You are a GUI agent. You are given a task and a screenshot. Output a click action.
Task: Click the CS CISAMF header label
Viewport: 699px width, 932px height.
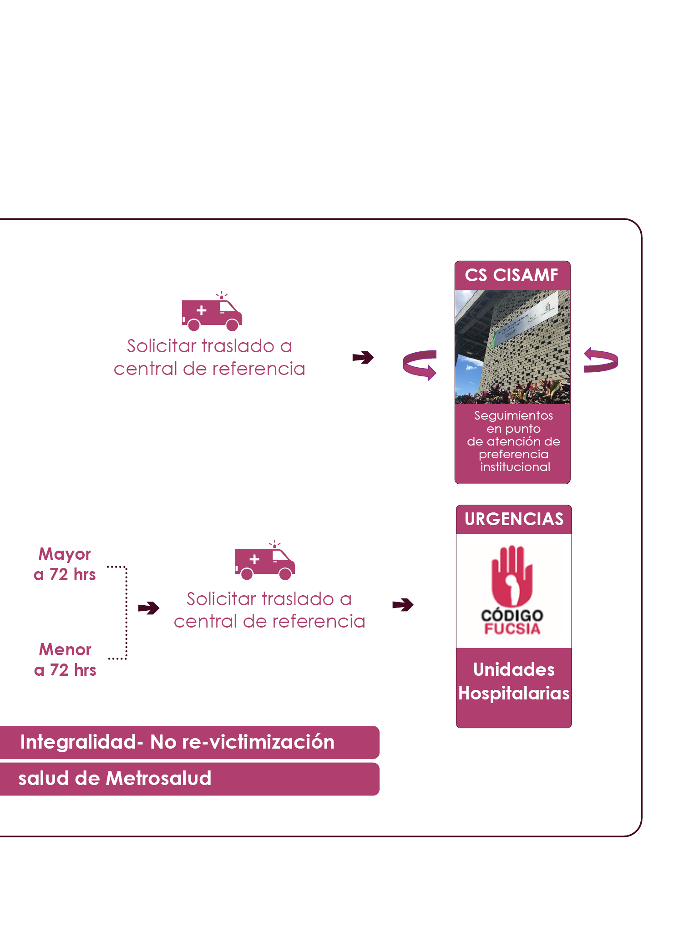(512, 275)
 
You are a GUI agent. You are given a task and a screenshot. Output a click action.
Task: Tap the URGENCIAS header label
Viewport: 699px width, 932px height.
(514, 519)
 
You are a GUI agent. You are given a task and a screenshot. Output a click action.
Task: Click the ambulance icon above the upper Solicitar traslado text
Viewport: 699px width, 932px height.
(212, 313)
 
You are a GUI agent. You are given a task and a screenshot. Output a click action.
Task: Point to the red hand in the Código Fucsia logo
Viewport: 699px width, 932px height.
(512, 575)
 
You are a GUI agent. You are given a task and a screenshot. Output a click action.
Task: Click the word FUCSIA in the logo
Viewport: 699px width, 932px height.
(512, 629)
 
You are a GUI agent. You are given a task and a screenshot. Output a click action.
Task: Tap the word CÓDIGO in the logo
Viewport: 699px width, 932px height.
(512, 615)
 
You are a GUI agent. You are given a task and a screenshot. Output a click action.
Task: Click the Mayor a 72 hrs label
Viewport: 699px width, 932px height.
(65, 564)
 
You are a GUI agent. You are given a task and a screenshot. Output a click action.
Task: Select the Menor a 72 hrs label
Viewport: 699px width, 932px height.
(65, 660)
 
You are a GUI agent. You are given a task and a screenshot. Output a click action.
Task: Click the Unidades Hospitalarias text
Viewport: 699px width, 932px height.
(514, 681)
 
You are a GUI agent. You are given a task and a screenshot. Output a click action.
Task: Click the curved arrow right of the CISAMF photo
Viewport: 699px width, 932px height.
(601, 360)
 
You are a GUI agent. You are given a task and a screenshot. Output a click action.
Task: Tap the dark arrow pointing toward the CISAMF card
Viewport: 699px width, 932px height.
(363, 357)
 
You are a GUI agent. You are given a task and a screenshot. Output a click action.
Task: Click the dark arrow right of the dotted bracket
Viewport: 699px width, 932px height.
(149, 608)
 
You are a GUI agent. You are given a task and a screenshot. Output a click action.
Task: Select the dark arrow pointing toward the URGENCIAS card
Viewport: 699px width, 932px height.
(403, 605)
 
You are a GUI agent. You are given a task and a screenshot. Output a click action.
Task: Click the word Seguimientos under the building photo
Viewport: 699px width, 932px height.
(513, 415)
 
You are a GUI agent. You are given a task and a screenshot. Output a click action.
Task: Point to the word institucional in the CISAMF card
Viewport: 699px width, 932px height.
(515, 467)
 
